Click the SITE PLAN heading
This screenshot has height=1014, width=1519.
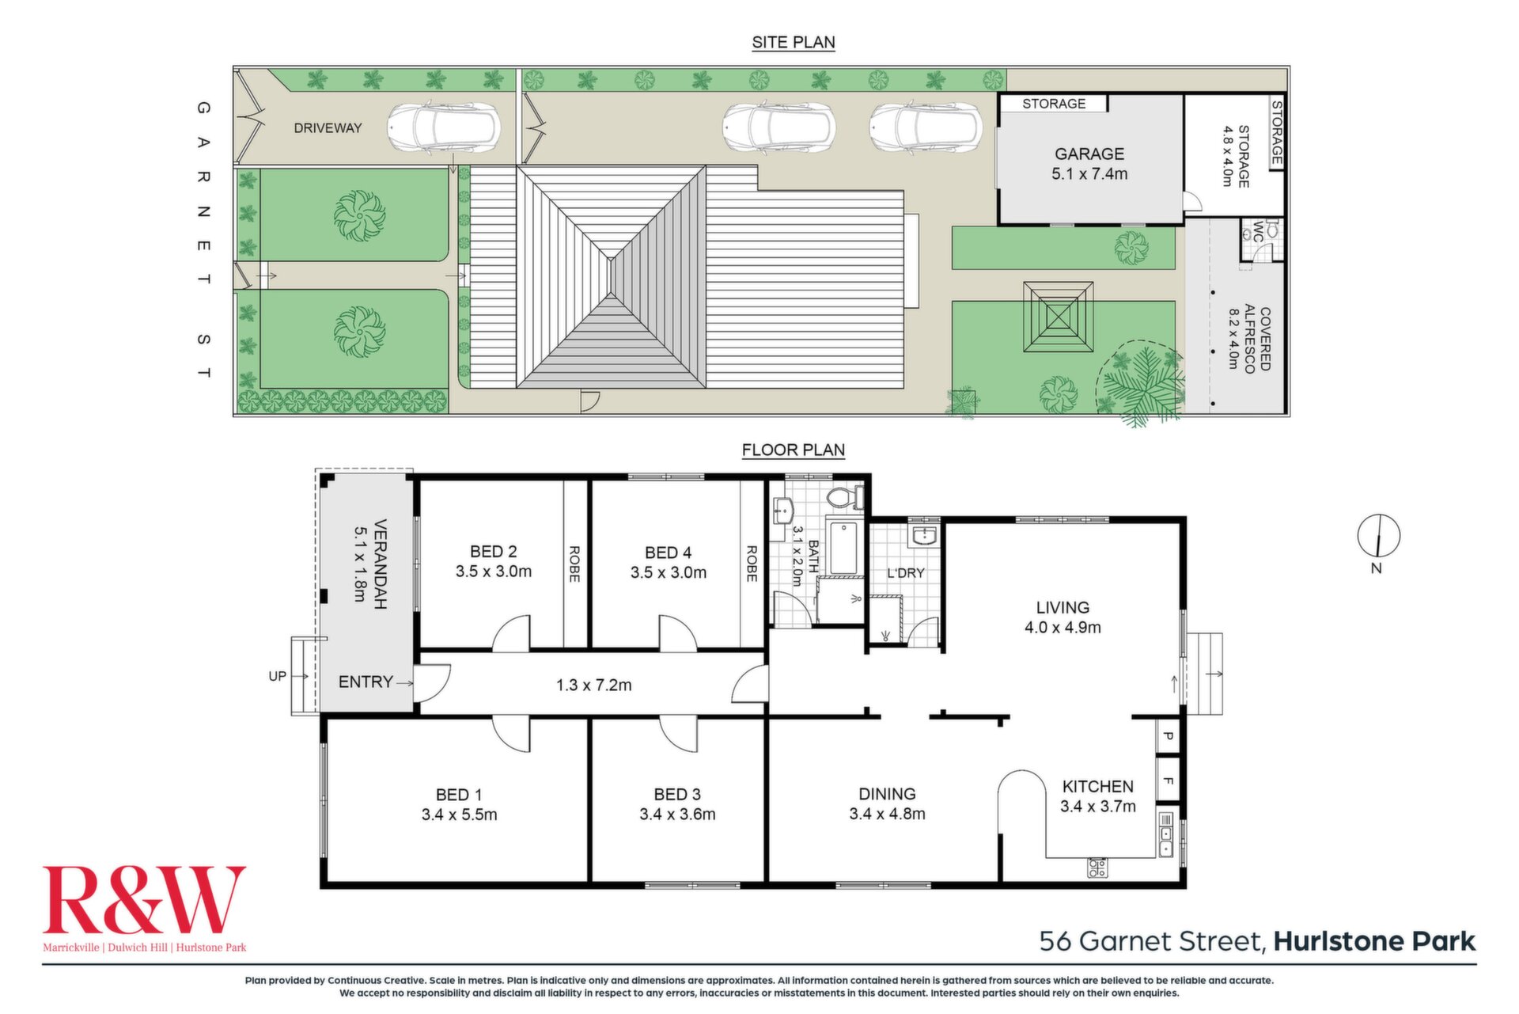click(x=794, y=42)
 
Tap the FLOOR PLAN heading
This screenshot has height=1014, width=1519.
click(x=794, y=450)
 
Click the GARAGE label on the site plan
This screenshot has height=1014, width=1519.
click(x=1089, y=154)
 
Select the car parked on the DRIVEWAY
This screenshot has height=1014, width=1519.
click(x=444, y=127)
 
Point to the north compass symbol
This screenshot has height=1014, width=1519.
click(x=1379, y=536)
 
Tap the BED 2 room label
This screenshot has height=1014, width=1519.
click(x=494, y=552)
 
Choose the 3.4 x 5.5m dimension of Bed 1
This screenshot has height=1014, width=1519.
click(x=460, y=815)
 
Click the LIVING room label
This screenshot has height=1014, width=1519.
click(x=1063, y=607)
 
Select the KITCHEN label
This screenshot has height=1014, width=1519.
click(x=1098, y=786)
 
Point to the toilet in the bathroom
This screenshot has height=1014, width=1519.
click(x=845, y=498)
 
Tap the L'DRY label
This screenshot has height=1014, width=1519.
click(x=906, y=572)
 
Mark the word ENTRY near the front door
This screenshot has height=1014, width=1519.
click(x=366, y=682)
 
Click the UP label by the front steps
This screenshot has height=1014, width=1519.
click(x=277, y=676)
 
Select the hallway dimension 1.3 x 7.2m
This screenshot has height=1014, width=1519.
click(x=594, y=685)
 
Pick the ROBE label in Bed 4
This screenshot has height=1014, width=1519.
click(x=752, y=564)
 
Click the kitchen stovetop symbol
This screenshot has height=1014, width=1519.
click(x=1097, y=868)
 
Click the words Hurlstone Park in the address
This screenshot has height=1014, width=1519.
click(x=1375, y=941)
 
